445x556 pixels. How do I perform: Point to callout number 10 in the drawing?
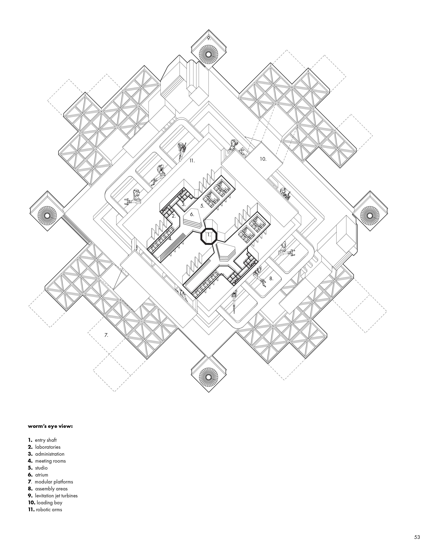coord(263,159)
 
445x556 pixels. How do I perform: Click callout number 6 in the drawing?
coord(192,214)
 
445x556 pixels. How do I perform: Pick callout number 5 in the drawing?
coord(202,206)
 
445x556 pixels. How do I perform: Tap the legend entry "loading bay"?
coord(49,503)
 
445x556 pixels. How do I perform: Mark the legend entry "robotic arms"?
coord(49,510)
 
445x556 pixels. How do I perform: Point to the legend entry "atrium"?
coord(42,475)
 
